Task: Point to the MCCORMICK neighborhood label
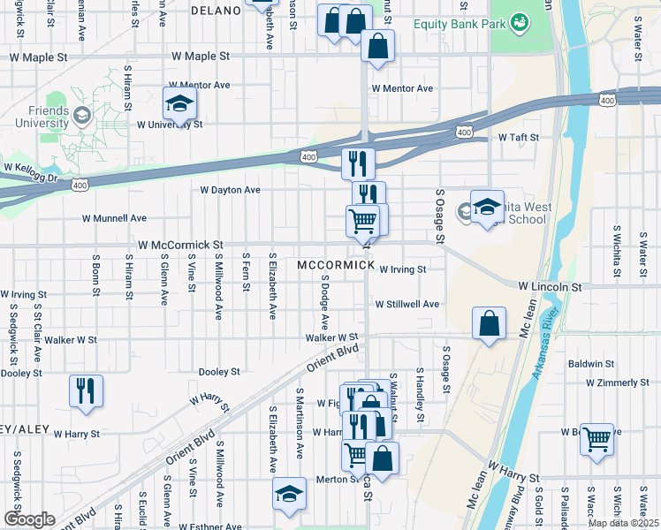tap(331, 265)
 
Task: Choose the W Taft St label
tap(518, 138)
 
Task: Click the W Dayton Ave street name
tap(230, 190)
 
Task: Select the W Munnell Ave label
tap(114, 217)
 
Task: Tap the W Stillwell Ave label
tap(406, 304)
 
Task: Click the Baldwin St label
tap(591, 363)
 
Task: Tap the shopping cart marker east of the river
tap(597, 439)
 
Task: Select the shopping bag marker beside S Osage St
tap(489, 324)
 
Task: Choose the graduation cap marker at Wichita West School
tap(487, 208)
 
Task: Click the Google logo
tap(29, 519)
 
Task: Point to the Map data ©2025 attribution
tap(624, 523)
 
